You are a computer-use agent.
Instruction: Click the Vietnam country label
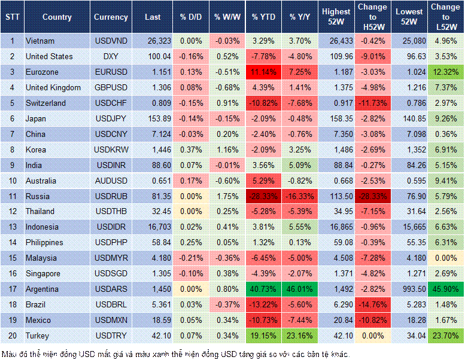39,41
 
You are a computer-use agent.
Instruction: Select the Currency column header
111,17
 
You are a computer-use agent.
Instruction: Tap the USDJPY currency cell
111,118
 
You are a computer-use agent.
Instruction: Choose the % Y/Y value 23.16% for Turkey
301,335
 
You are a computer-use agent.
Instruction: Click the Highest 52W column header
336,17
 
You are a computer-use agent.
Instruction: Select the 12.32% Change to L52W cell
445,72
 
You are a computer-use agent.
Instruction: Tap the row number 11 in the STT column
12,196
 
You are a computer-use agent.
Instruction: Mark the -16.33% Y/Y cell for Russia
301,196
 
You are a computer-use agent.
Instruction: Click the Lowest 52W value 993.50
409,289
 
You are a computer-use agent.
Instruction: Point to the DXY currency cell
111,56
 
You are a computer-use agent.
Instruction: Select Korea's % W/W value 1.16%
226,150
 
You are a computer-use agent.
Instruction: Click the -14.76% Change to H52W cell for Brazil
373,304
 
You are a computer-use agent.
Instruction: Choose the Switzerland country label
45,103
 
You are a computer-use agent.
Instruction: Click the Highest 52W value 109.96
336,56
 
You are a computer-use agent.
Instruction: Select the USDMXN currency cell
111,320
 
